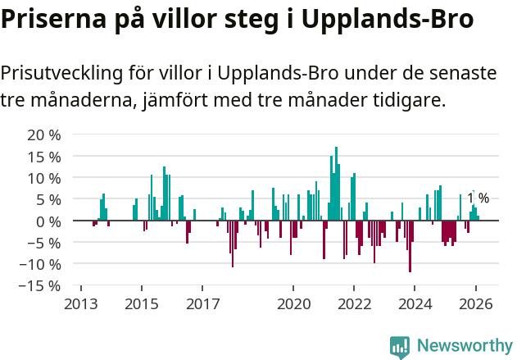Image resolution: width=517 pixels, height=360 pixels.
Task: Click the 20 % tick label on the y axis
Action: (x=43, y=134)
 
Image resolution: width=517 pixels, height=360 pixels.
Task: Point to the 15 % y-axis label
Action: (x=43, y=156)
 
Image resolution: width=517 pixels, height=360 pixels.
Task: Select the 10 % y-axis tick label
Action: (x=43, y=178)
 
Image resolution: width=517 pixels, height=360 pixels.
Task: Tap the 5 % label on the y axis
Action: (x=48, y=199)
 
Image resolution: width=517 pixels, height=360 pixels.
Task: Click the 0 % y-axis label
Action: (x=48, y=221)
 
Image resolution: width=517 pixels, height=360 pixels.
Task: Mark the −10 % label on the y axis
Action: (x=39, y=264)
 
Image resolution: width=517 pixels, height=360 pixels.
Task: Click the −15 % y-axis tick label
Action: (x=39, y=286)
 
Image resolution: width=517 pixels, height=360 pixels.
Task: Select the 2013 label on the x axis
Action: (x=80, y=304)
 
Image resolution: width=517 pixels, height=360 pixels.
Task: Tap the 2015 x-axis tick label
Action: (x=142, y=304)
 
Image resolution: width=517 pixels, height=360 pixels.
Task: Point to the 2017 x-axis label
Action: (x=202, y=304)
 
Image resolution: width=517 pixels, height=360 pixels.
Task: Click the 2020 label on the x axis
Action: (x=294, y=304)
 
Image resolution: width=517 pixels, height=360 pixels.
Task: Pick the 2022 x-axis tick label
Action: (x=355, y=304)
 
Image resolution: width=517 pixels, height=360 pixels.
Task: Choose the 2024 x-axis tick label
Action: (x=415, y=304)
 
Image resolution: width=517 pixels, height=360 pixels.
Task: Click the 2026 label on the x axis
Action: (x=476, y=304)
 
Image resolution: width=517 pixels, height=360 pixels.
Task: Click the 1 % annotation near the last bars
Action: (x=478, y=198)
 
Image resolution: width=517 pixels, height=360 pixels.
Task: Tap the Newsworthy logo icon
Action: (x=400, y=346)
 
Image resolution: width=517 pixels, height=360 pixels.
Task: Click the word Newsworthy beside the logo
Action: (x=464, y=346)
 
